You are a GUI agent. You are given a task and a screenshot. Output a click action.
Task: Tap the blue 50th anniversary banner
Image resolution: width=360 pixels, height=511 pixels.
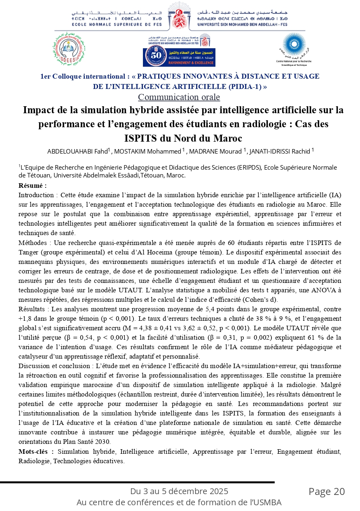coord(179,56)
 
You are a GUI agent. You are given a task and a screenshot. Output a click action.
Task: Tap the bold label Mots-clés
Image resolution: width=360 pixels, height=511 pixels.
coord(36,452)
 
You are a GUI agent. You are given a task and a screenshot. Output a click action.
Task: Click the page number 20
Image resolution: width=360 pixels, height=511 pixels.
coord(339,492)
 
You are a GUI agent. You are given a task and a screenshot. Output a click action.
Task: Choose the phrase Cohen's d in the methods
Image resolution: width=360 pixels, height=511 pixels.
coord(258,299)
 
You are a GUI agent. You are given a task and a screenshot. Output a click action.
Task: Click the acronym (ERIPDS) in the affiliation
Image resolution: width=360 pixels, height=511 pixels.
coord(250,168)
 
